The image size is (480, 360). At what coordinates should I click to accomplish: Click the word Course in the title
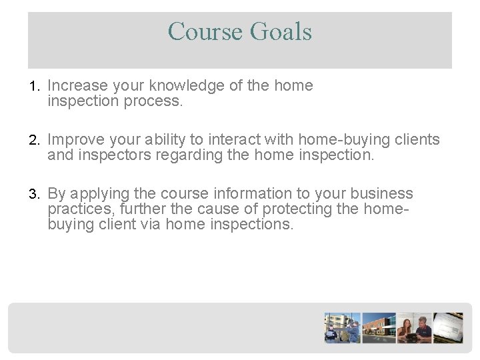[204, 31]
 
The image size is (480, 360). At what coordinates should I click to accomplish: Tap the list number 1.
[35, 87]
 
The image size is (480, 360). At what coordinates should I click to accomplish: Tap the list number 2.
[35, 140]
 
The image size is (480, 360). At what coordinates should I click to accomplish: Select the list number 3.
[35, 194]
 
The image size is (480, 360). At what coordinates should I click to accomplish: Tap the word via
[150, 224]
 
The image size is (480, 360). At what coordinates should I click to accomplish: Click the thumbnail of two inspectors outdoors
[342, 327]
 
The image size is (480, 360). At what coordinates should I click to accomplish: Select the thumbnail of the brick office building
[378, 327]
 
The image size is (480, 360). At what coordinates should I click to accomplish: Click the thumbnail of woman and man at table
[414, 327]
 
